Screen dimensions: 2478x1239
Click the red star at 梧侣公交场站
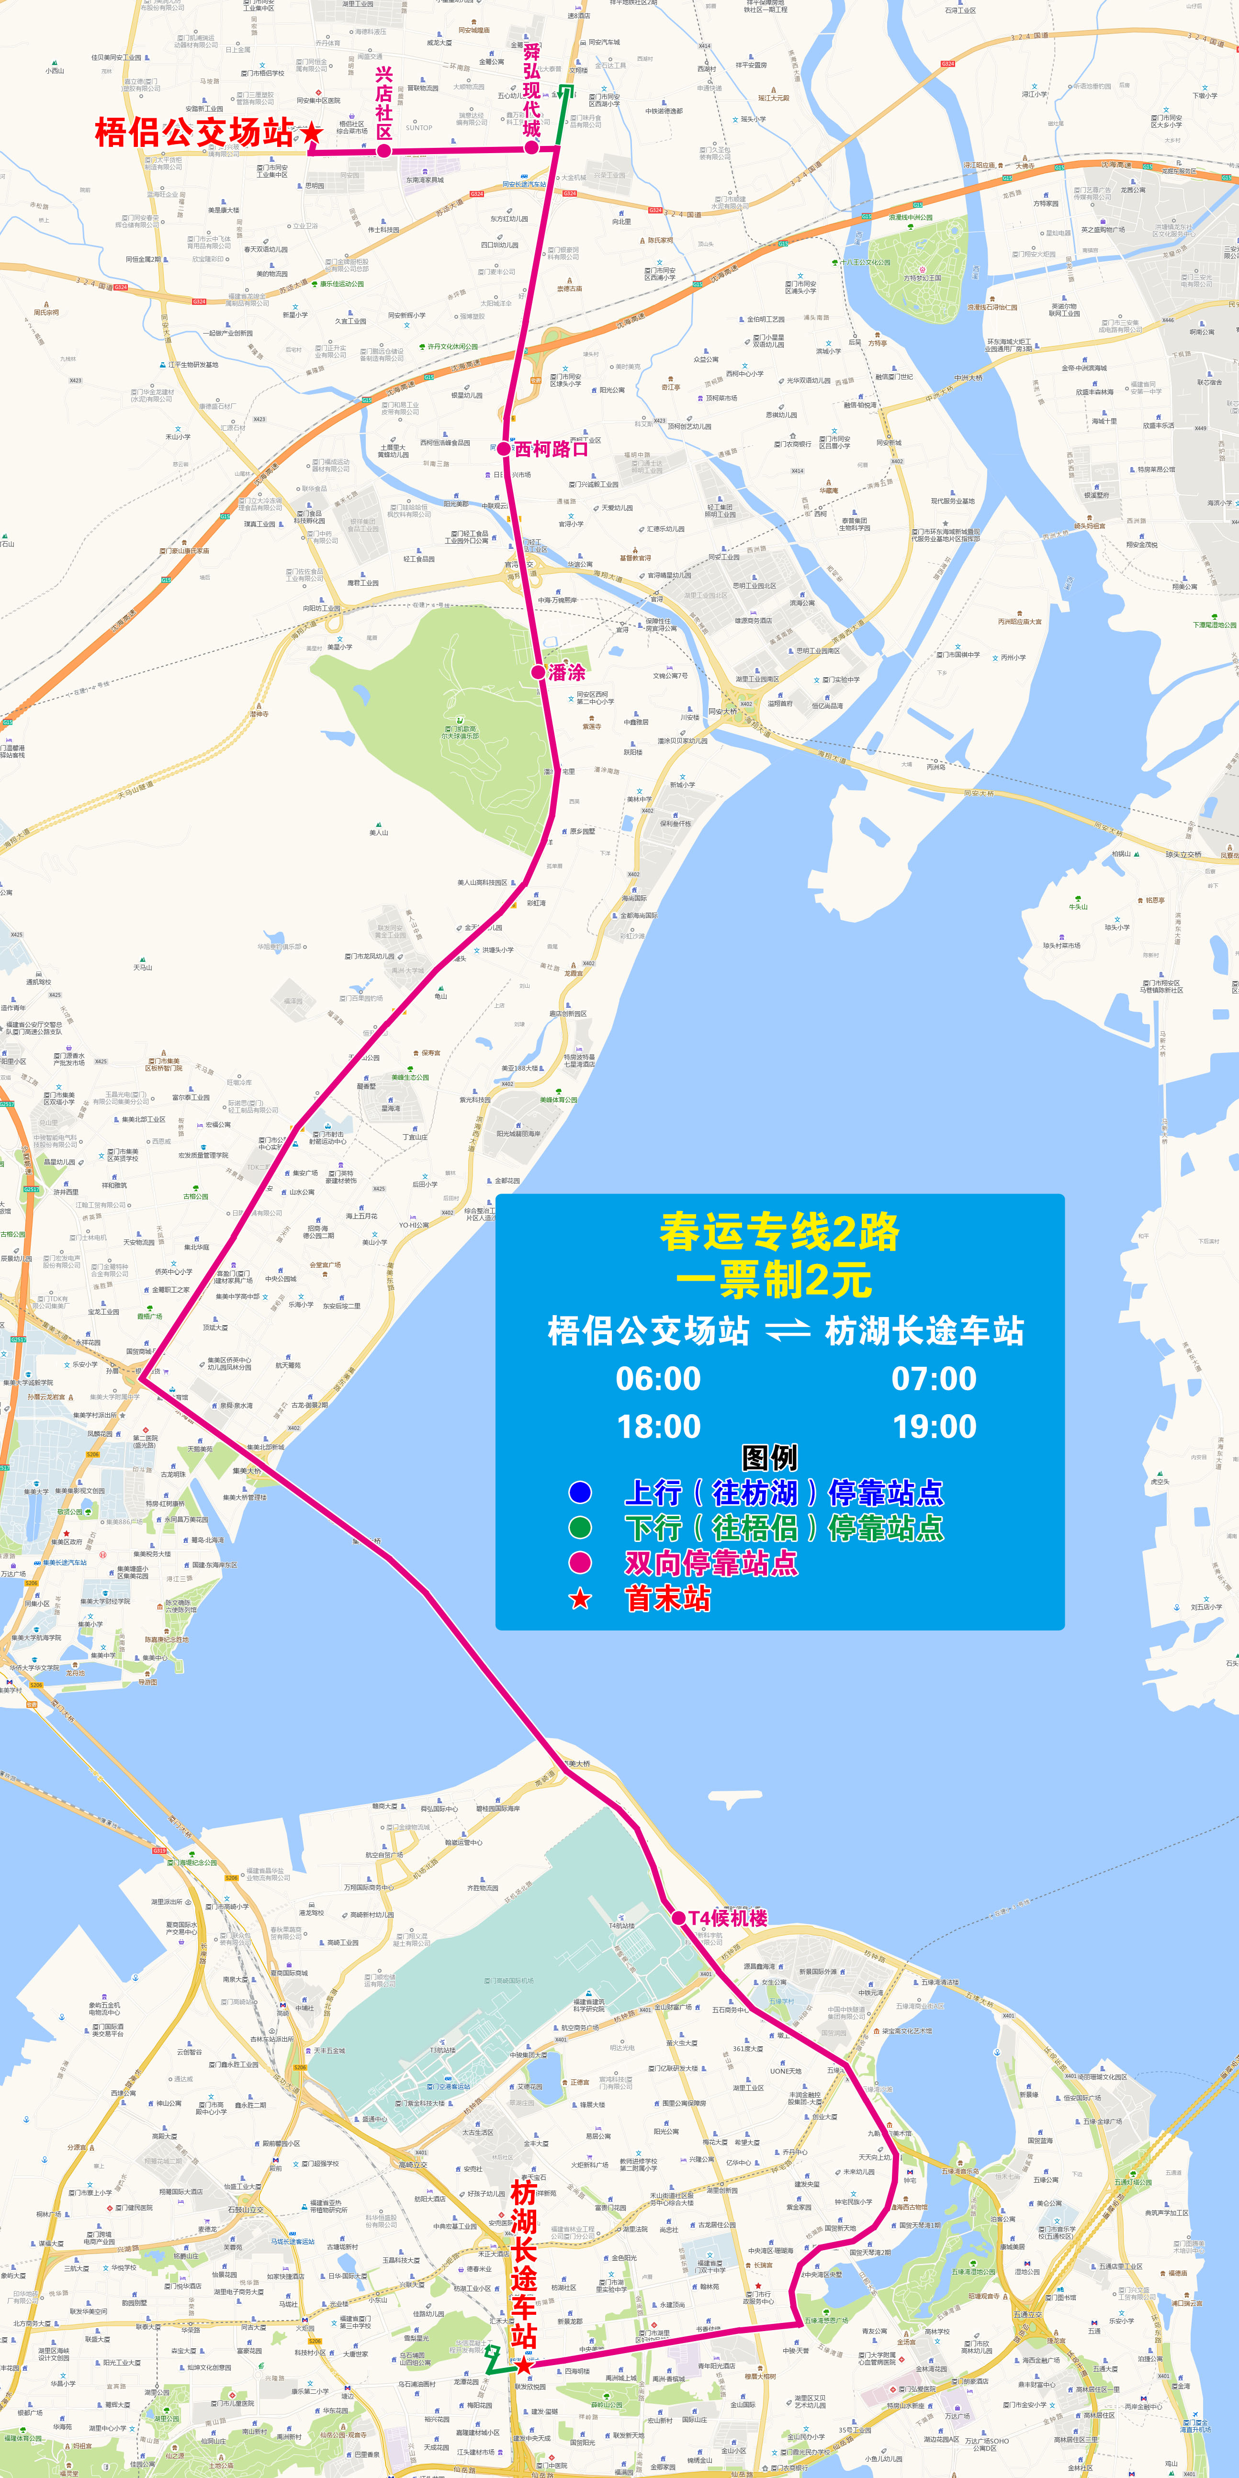pos(312,133)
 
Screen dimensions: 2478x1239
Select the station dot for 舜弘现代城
pos(531,147)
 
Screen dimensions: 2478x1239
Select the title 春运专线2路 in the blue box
pos(779,1232)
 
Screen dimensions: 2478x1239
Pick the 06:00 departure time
pos(658,1378)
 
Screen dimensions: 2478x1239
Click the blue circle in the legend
pos(580,1492)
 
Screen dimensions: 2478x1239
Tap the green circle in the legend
pos(580,1528)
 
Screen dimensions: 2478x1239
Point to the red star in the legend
pos(580,1599)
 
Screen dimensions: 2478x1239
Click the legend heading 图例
pos(769,1457)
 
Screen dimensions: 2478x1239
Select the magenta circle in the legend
pos(580,1562)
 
